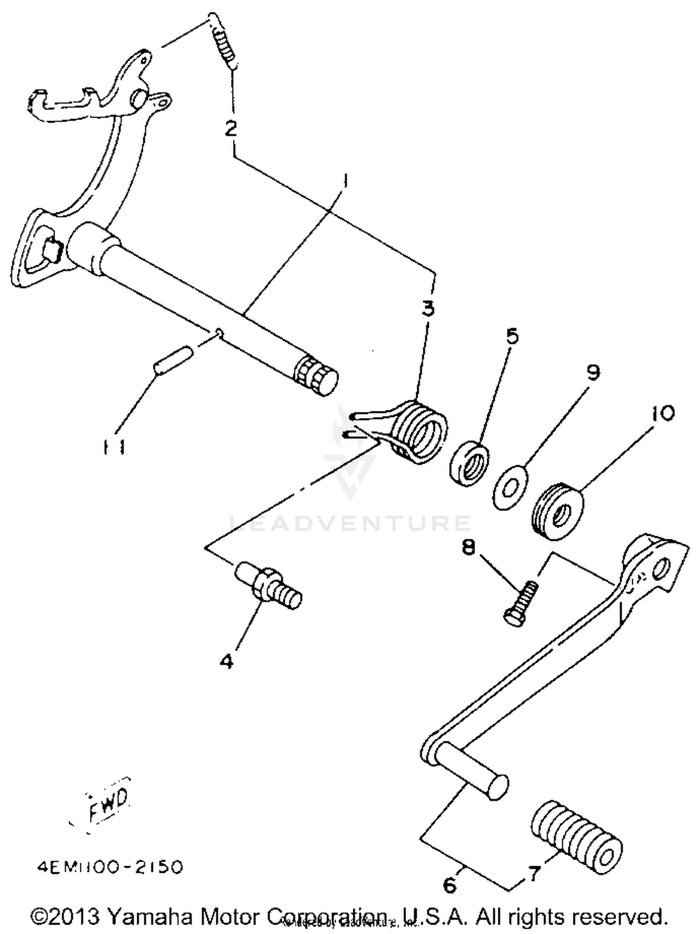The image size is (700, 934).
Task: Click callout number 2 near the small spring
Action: coord(231,129)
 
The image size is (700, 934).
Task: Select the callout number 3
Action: coord(427,308)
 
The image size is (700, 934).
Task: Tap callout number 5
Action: coord(512,336)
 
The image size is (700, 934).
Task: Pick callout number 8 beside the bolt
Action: coord(468,547)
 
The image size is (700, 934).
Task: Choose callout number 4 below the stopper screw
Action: coord(226,661)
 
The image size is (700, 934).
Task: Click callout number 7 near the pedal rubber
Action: coord(533,872)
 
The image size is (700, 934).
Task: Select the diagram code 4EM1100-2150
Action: coord(110,868)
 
